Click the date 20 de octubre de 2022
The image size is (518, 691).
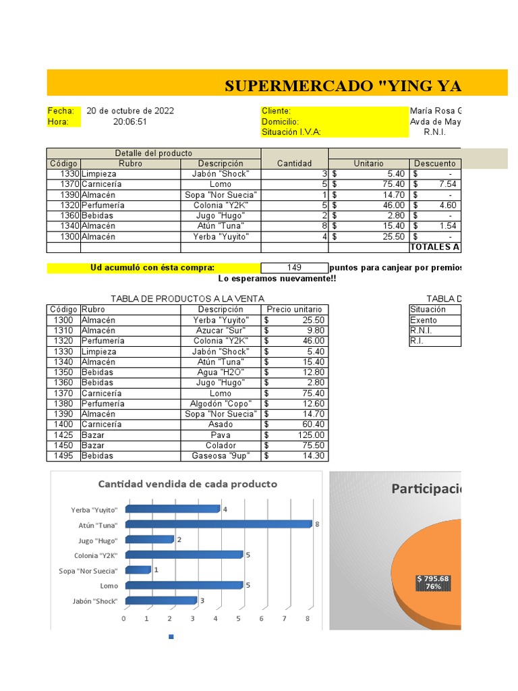[130, 111]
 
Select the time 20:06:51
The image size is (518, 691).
[130, 121]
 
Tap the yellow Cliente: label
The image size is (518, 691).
[277, 111]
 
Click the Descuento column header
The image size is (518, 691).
[434, 163]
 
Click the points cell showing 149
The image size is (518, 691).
[294, 268]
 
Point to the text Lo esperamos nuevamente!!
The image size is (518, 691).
[277, 279]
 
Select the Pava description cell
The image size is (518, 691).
[221, 435]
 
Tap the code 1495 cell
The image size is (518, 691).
[63, 455]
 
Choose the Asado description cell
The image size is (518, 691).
[221, 424]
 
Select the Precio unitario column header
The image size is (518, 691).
[295, 310]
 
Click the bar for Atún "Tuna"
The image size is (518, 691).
[219, 524]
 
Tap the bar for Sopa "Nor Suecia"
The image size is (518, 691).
[138, 570]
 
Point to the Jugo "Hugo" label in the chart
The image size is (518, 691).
[98, 541]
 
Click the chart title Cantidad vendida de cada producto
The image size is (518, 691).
[188, 484]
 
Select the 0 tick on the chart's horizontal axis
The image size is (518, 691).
[124, 618]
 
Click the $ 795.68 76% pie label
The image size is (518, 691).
[433, 582]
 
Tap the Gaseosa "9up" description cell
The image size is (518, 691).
[221, 455]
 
